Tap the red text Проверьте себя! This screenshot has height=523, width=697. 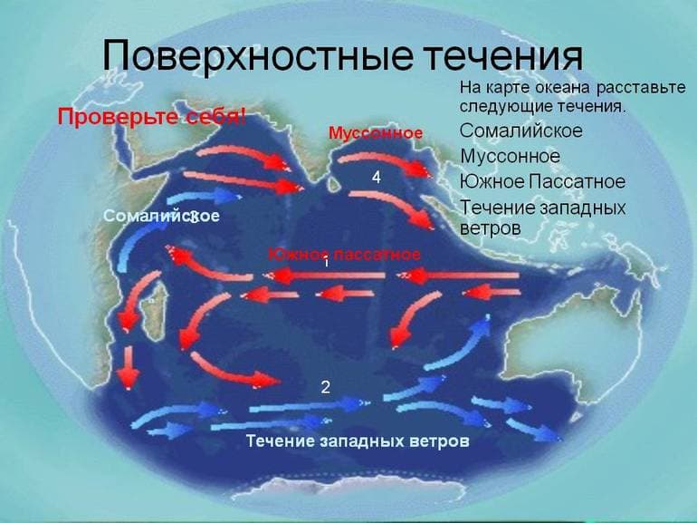tap(152, 117)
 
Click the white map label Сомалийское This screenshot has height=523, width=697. tap(162, 217)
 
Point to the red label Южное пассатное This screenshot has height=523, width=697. tap(343, 253)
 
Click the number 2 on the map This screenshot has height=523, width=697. tap(326, 387)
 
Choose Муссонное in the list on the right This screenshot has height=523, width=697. tap(510, 157)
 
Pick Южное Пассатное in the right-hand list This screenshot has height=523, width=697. tap(542, 182)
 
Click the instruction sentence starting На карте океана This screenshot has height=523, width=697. tap(572, 97)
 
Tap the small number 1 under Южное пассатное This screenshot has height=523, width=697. tap(325, 265)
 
